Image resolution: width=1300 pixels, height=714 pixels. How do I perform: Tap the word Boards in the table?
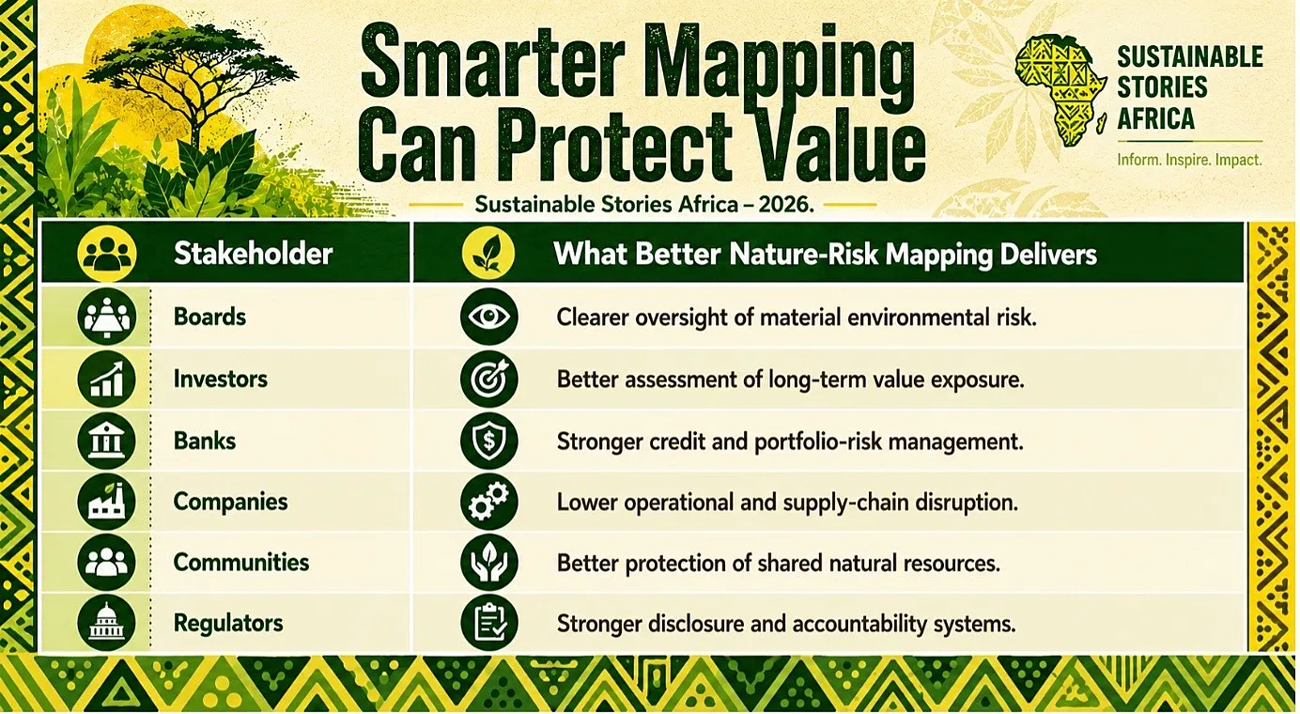coord(209,317)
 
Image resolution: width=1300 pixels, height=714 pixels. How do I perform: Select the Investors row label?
coord(221,379)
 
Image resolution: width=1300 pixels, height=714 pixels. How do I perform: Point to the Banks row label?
coord(205,442)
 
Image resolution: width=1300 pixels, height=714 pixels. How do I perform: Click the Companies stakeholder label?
coord(230,502)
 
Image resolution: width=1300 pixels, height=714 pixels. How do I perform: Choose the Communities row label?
coord(241,563)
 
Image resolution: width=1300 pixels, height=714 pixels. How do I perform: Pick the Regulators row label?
coord(228,624)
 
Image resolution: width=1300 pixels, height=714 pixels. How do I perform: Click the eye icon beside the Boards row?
coord(489,317)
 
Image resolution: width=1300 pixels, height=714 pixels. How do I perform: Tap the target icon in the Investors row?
coord(489,379)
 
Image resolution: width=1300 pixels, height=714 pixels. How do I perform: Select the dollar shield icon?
coord(489,442)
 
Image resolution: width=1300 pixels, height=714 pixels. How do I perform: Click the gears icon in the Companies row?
coord(489,502)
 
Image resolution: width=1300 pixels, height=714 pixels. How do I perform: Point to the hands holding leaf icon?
coord(489,563)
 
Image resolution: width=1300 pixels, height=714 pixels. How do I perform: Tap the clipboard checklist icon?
coord(489,623)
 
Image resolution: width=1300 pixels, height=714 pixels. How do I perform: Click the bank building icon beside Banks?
coord(107,442)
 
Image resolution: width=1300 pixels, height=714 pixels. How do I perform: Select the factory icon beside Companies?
coord(107,502)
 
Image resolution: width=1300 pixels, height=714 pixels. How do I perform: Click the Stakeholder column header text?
coord(253,254)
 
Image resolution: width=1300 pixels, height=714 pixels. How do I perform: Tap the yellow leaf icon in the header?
coord(488,254)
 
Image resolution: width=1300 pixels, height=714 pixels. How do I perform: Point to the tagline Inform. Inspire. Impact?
coord(1190,160)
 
